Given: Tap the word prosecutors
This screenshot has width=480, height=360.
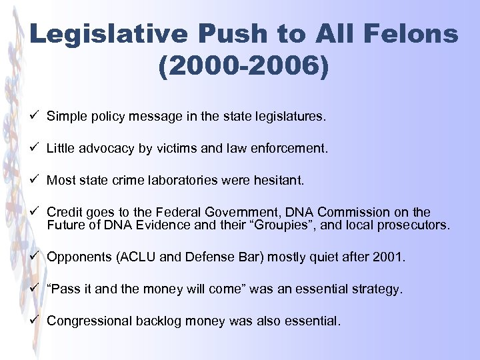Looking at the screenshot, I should [413, 225].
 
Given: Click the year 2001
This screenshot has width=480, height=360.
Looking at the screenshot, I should [390, 257].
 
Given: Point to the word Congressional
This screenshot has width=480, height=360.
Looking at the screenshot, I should [89, 321].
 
